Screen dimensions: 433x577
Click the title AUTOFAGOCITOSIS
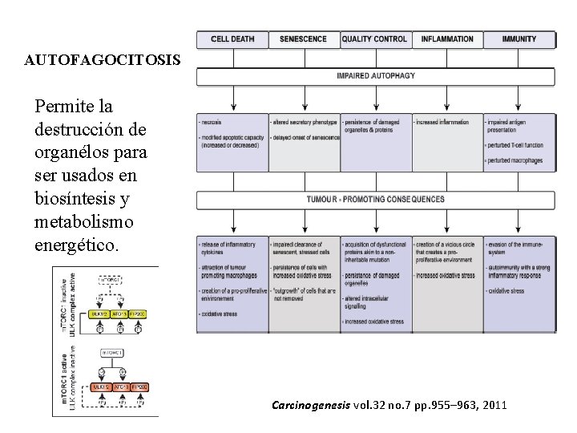point(103,60)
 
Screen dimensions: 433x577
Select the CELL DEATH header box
point(232,39)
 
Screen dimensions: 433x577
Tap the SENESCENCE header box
point(303,39)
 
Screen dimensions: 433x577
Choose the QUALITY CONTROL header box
point(374,39)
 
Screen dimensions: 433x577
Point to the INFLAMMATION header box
point(446,39)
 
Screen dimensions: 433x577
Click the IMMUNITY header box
point(518,39)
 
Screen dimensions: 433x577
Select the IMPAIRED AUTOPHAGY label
point(376,76)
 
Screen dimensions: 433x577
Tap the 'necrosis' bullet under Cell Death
point(213,123)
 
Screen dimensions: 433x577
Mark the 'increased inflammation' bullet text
point(443,123)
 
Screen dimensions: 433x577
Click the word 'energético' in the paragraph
point(76,245)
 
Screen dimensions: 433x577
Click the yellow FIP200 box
point(138,314)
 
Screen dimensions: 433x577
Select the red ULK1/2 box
point(101,387)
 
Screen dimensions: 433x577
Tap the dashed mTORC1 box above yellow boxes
point(112,280)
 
